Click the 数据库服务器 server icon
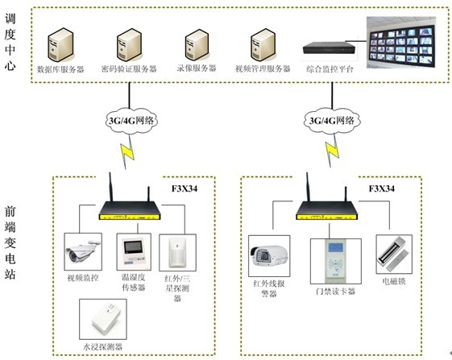(60, 45)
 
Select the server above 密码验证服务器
(129, 45)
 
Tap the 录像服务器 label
(197, 68)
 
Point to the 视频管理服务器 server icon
(263, 45)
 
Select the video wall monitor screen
(401, 43)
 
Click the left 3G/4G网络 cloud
(131, 121)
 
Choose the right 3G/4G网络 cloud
(332, 121)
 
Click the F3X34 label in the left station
(185, 188)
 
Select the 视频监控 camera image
(83, 251)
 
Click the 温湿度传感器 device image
(134, 252)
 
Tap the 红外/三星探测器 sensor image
(177, 253)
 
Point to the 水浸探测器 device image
(103, 319)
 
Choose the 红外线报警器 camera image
(269, 256)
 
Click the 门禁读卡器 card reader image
(335, 261)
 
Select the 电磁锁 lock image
(394, 254)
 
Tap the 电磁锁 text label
(394, 281)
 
